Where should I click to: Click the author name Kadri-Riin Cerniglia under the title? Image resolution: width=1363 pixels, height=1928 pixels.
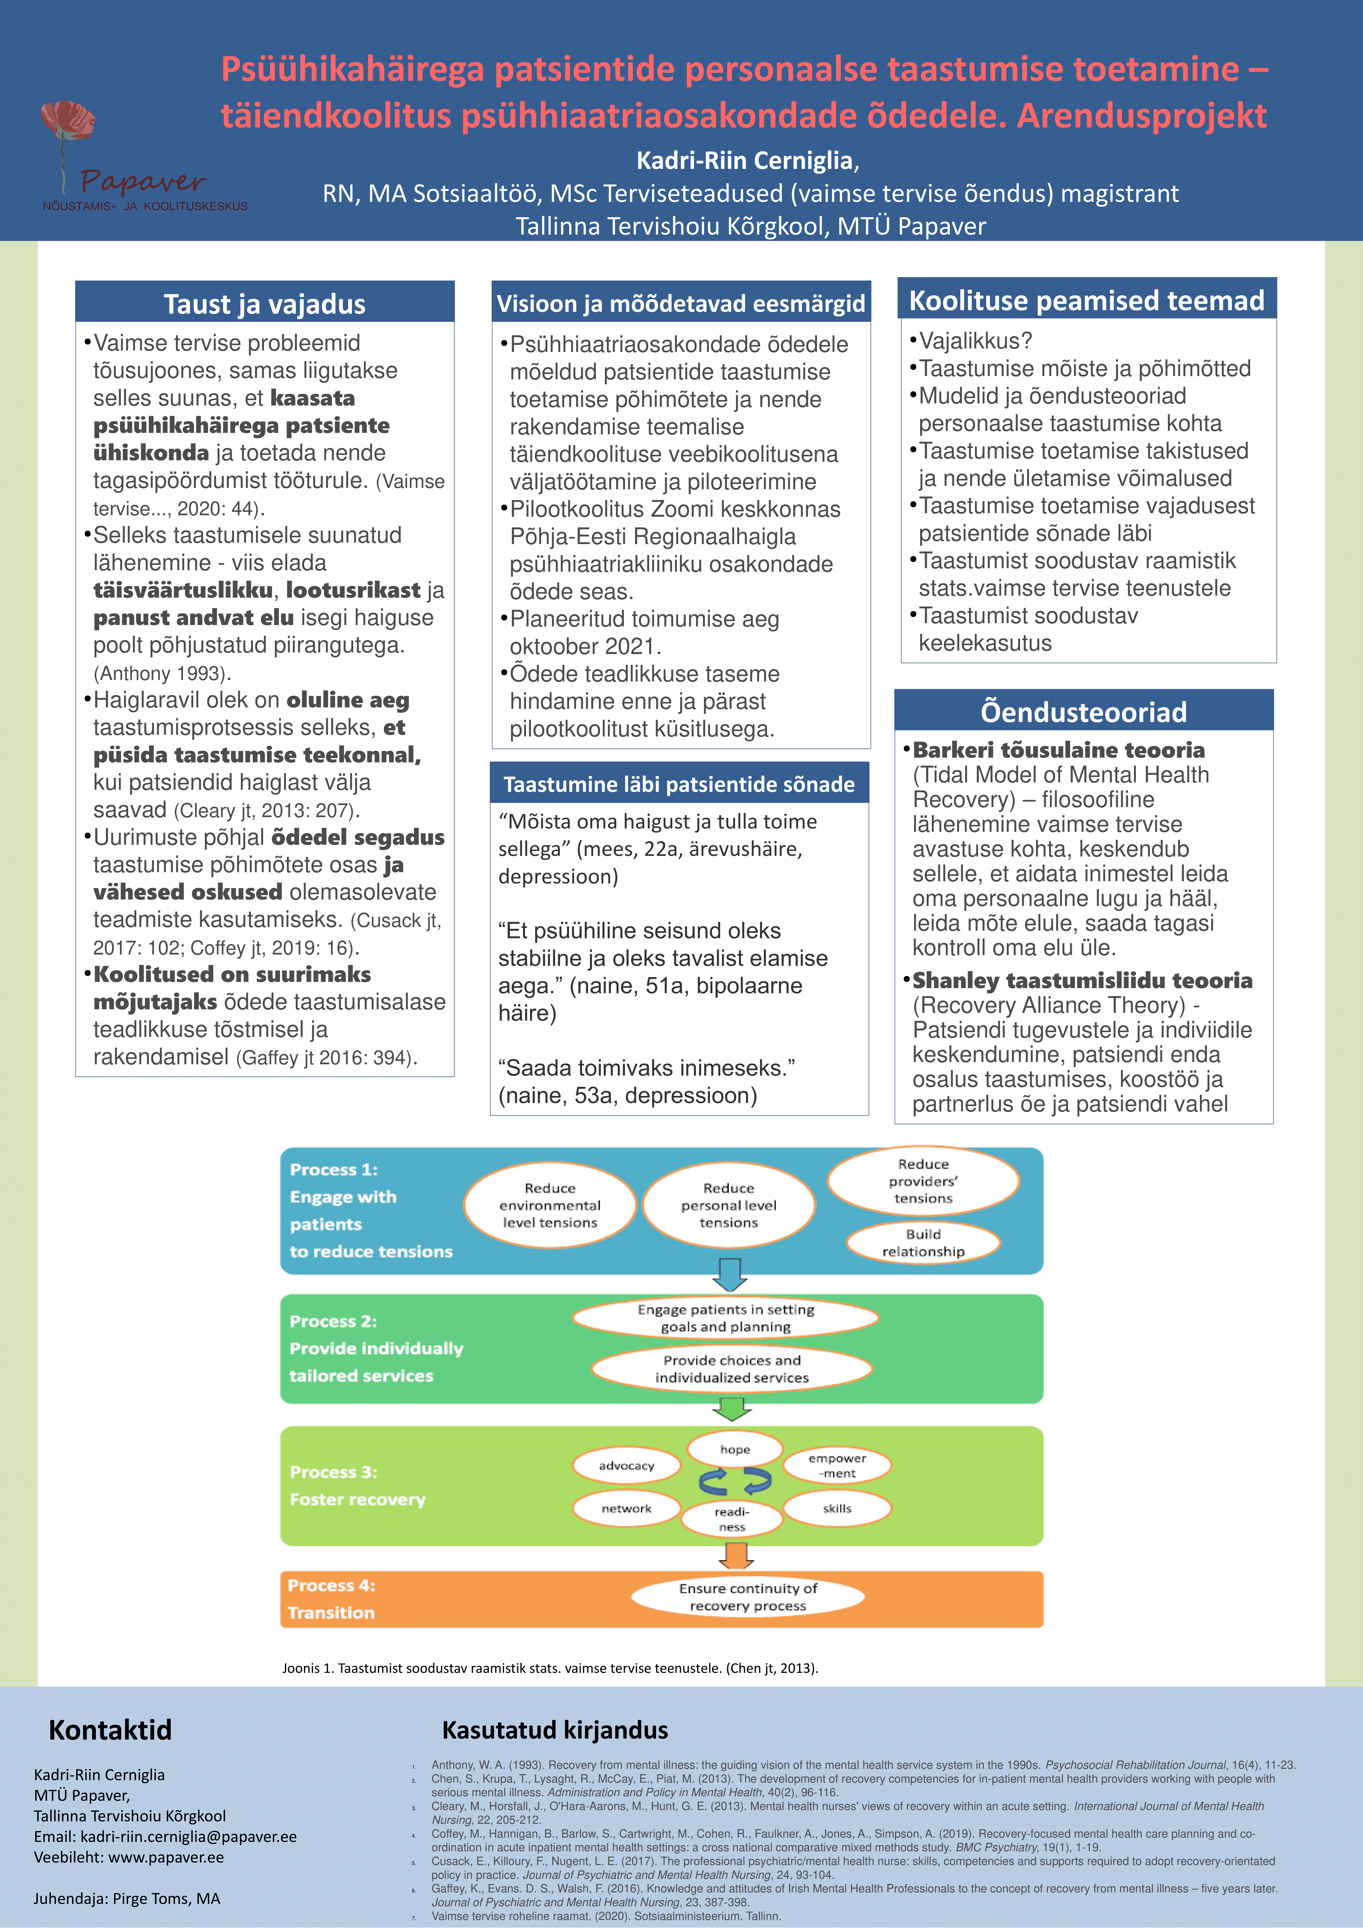coord(747,160)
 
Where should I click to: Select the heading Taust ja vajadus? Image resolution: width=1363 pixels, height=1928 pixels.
coord(264,304)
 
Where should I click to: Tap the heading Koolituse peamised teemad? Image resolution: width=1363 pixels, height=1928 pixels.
coord(1087,301)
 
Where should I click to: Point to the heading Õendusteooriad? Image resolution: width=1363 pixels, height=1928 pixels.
coord(1084,712)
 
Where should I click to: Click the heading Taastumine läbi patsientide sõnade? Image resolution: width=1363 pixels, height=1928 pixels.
coord(679,784)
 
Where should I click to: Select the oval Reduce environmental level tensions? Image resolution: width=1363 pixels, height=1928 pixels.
coord(550,1205)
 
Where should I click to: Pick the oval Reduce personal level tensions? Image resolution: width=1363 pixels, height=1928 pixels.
coord(728,1205)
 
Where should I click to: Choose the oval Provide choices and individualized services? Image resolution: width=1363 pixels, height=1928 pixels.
coord(732,1369)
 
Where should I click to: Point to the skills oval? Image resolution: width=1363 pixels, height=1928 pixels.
coord(837,1508)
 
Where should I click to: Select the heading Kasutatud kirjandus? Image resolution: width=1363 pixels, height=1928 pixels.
coord(555,1730)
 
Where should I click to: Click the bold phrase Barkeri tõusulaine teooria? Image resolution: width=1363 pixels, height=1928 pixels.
coord(1058,750)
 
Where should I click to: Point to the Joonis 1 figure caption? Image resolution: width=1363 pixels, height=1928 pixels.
coord(550,1668)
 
